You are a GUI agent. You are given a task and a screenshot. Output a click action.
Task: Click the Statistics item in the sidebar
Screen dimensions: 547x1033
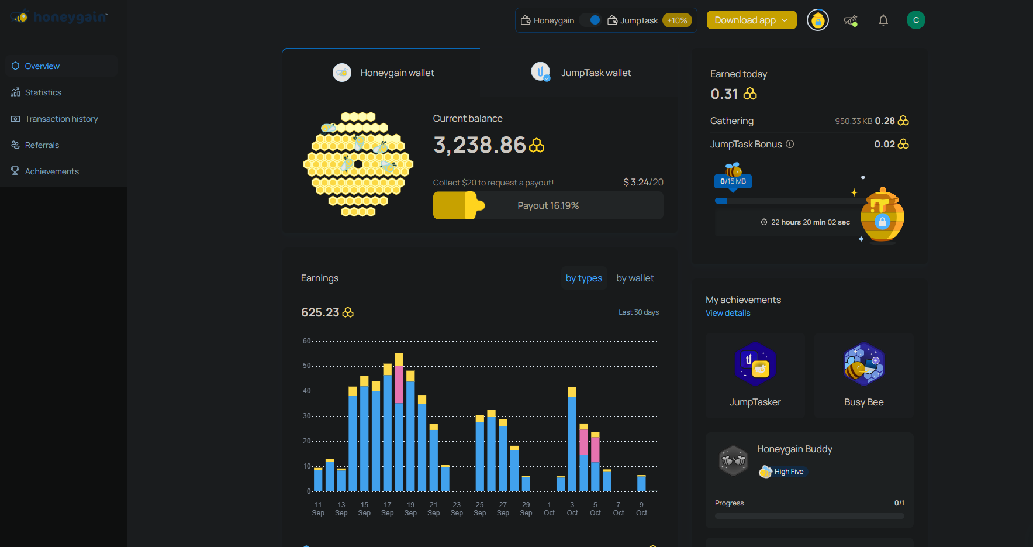click(x=43, y=92)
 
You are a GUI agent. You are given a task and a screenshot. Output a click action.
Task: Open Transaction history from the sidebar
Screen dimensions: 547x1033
click(x=61, y=119)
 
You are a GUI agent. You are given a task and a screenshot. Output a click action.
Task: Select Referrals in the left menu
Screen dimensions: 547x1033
click(x=42, y=145)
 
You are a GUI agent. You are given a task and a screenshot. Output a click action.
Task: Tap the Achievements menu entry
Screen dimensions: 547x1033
click(x=51, y=171)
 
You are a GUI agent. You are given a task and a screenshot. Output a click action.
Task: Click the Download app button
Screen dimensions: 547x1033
click(x=751, y=20)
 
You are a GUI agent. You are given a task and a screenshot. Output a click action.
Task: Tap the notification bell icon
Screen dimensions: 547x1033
click(x=883, y=20)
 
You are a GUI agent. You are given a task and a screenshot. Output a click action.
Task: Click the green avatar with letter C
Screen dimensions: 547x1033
click(x=915, y=20)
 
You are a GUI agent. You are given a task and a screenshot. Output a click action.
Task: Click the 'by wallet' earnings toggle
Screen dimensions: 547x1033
click(x=635, y=278)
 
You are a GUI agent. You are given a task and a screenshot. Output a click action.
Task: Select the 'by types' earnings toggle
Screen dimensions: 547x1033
click(x=583, y=278)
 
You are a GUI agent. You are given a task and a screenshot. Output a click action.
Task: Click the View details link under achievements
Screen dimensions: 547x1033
click(x=728, y=313)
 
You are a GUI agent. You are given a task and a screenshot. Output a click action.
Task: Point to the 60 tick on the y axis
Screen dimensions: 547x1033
click(x=307, y=341)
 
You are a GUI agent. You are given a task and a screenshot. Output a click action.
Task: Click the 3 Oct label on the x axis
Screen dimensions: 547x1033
click(x=572, y=509)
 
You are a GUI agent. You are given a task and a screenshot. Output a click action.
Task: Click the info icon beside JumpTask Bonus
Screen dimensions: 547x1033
click(x=790, y=144)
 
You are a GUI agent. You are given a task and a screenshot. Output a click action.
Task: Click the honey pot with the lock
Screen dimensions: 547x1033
click(x=882, y=215)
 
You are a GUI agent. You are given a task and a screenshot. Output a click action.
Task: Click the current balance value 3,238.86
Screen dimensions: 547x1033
click(x=480, y=145)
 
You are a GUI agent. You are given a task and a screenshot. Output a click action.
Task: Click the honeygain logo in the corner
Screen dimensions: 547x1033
click(x=60, y=17)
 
